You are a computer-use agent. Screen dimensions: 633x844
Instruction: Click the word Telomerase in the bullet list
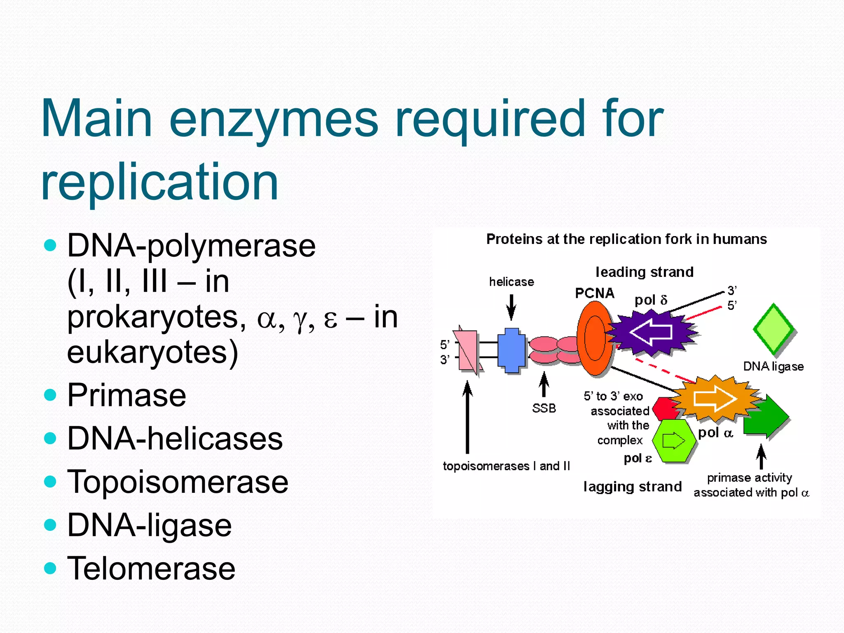151,568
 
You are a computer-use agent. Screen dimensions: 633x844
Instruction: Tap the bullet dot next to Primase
50,395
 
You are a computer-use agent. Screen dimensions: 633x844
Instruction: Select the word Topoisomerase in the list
178,482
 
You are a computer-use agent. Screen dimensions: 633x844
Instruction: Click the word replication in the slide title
160,181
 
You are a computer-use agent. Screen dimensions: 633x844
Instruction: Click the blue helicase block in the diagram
511,350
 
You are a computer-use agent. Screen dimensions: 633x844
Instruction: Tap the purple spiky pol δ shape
651,332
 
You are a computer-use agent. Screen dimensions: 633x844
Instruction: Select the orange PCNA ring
594,338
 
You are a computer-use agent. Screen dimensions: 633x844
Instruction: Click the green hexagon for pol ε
673,441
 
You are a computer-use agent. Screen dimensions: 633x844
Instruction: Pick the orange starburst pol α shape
716,398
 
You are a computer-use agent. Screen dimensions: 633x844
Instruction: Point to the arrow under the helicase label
511,307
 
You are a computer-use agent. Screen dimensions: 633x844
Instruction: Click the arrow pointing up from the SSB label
544,384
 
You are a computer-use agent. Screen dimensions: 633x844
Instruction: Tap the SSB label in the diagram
544,408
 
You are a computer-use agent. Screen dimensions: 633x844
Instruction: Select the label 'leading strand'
645,272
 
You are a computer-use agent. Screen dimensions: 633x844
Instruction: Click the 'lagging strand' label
633,487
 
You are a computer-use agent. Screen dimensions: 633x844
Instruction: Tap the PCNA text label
595,293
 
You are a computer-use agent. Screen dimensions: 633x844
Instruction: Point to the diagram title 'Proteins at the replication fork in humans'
626,239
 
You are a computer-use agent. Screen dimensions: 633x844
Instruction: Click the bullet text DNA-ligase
149,525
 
